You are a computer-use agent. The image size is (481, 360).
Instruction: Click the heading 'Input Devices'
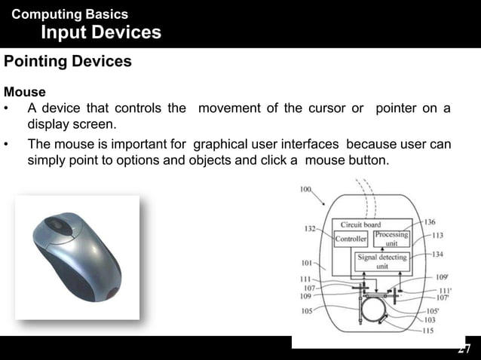click(100, 32)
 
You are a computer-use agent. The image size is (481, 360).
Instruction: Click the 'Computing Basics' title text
click(70, 14)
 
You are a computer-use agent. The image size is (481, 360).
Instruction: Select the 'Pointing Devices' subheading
click(68, 62)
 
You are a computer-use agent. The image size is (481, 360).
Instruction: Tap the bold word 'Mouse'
click(25, 92)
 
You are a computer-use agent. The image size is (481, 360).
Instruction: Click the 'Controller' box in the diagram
click(350, 239)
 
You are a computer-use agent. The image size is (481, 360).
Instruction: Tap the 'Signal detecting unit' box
click(382, 261)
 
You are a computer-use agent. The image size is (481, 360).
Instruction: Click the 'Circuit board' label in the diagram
click(361, 224)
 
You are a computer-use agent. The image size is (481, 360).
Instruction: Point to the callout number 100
click(306, 189)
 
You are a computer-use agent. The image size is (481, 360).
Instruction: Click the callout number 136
click(429, 221)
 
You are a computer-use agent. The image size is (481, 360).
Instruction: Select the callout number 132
click(310, 228)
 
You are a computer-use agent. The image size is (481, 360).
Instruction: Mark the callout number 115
click(427, 330)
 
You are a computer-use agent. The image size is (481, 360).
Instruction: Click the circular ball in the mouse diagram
click(372, 310)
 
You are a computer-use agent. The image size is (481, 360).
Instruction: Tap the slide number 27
click(464, 349)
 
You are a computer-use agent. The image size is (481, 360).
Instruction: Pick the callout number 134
click(437, 255)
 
